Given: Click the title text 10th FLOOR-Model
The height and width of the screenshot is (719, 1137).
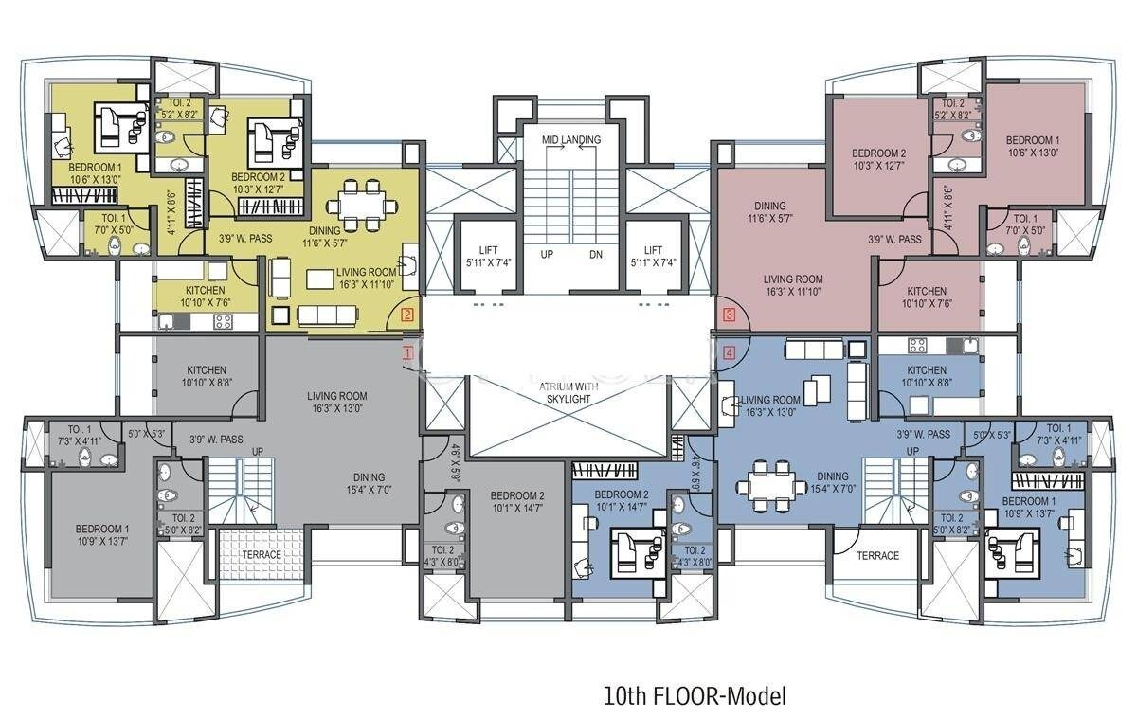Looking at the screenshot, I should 695,696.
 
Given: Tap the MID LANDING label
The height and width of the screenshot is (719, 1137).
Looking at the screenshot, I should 570,140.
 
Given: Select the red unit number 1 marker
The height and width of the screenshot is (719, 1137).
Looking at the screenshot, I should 408,352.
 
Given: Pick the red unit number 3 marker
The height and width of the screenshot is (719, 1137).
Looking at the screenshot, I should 729,315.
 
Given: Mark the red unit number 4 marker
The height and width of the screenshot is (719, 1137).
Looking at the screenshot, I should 729,352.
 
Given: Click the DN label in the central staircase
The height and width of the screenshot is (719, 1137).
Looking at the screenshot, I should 595,255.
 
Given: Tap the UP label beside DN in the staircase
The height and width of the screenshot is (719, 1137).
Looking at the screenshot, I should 547,255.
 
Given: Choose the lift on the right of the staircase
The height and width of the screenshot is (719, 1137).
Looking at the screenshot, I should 652,256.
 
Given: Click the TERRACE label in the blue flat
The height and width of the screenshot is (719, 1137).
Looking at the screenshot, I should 877,555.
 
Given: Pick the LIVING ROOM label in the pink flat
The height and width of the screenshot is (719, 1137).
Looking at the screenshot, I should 794,285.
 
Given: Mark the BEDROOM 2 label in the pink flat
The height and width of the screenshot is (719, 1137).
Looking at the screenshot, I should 878,158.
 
